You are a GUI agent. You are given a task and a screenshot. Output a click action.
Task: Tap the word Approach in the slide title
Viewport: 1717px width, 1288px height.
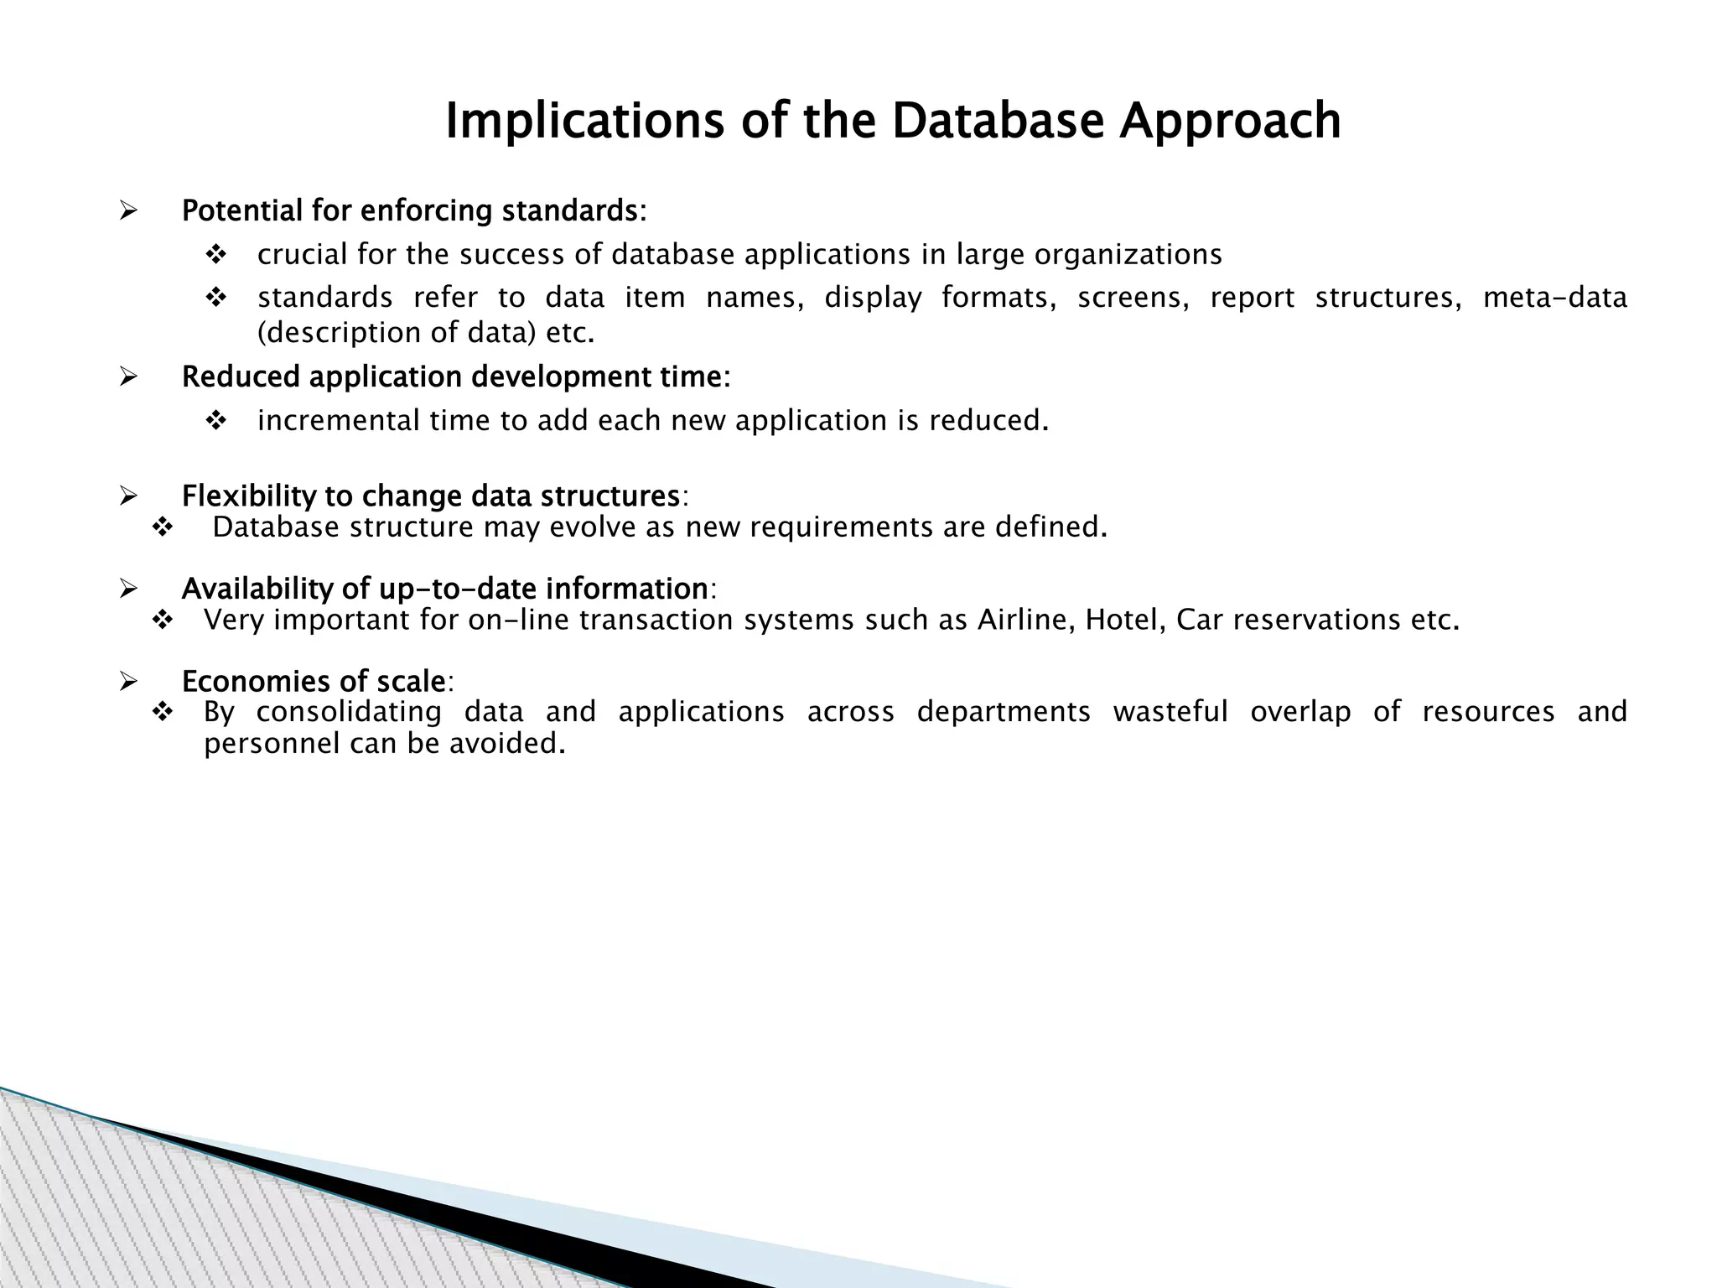click(1230, 121)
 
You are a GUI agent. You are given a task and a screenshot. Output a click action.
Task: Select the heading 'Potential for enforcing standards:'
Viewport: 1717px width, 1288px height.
click(414, 210)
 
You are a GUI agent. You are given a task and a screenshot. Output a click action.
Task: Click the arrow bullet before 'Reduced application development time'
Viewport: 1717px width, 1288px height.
click(128, 377)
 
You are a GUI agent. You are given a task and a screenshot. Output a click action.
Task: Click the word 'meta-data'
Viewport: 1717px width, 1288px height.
click(1554, 298)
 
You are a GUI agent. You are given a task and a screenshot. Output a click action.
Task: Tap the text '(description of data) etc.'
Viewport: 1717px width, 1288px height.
click(426, 333)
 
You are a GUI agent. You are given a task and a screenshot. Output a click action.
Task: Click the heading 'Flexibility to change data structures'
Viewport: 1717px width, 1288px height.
click(431, 496)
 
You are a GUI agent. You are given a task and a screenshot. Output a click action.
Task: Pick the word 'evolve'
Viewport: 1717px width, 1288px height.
click(592, 527)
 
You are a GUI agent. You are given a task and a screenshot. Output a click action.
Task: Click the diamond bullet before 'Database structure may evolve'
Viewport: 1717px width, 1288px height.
click(162, 527)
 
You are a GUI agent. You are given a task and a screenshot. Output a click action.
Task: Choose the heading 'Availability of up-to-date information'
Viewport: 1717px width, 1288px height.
click(444, 589)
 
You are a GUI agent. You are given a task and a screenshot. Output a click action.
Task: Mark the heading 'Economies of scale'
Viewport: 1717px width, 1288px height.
click(314, 681)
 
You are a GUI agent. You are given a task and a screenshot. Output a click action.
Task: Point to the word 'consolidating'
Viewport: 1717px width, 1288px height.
click(349, 711)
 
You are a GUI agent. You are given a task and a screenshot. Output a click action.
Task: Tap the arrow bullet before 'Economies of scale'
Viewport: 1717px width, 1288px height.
click(128, 681)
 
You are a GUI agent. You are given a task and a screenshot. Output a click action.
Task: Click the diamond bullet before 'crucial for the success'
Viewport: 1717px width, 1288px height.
click(216, 254)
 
